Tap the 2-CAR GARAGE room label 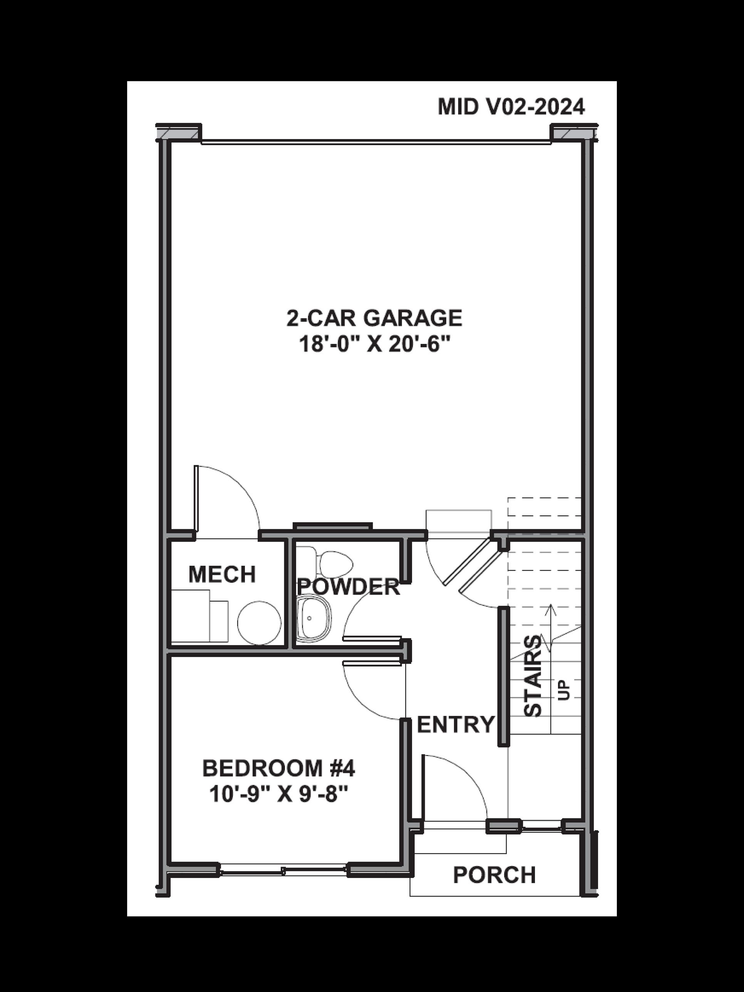[x=374, y=318]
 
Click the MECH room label [x=222, y=575]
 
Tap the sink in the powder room [x=314, y=618]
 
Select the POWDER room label [x=349, y=586]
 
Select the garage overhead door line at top [x=376, y=142]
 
